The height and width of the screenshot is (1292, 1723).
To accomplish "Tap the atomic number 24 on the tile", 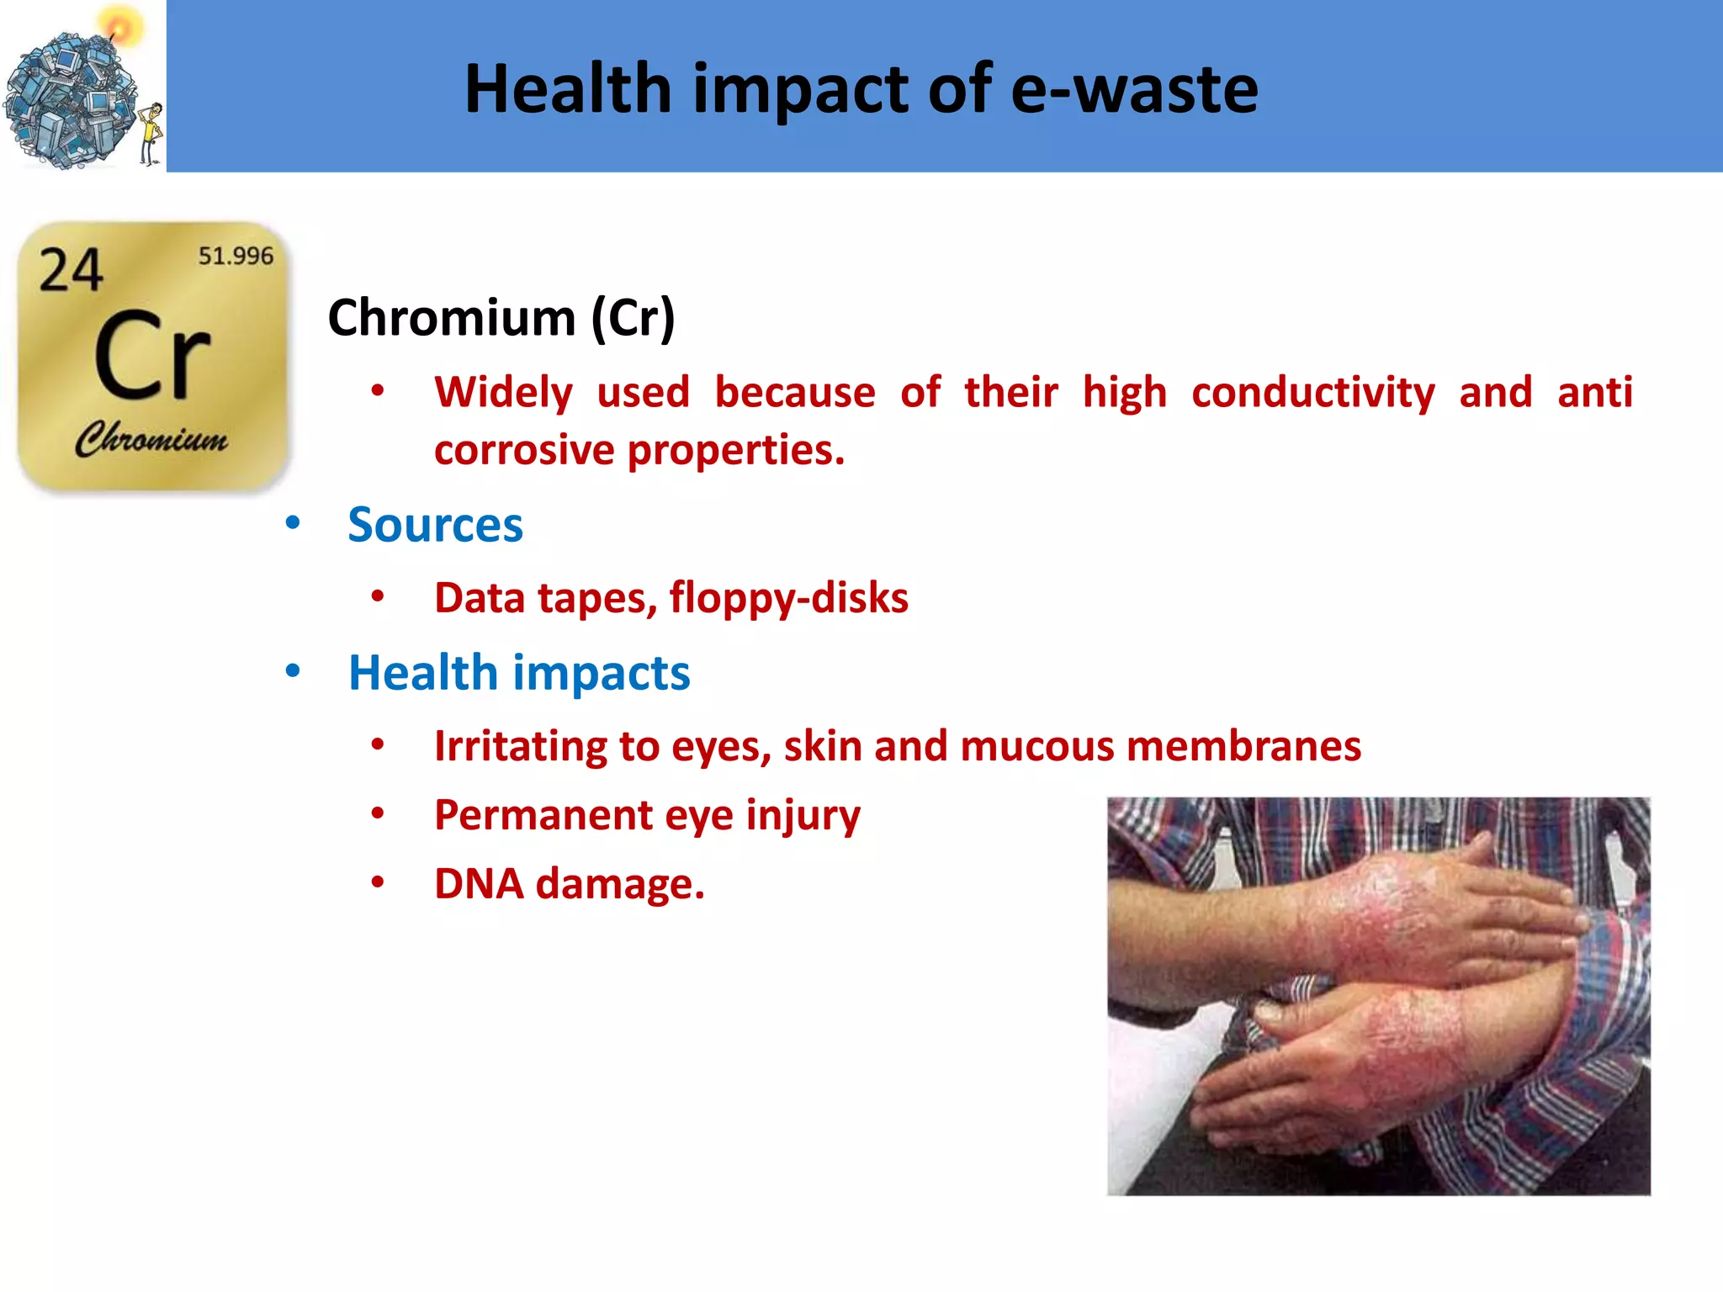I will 71,271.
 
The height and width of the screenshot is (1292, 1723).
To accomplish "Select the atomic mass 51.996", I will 236,256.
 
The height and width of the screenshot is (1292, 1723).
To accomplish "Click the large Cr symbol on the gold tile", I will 151,355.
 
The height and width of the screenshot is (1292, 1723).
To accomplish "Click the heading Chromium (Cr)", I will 501,318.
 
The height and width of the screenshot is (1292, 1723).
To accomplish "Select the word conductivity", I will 1312,393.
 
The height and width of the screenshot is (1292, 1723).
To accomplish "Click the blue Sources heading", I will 435,525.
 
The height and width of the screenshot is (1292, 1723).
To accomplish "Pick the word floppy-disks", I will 788,598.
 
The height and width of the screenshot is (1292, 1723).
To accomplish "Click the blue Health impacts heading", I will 519,673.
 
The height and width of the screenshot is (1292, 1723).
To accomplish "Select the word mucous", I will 1036,746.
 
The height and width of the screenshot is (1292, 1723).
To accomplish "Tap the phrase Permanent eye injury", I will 647,815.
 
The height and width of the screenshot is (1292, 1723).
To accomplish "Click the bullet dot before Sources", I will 293,523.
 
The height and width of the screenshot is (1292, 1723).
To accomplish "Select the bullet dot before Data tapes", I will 378,596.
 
